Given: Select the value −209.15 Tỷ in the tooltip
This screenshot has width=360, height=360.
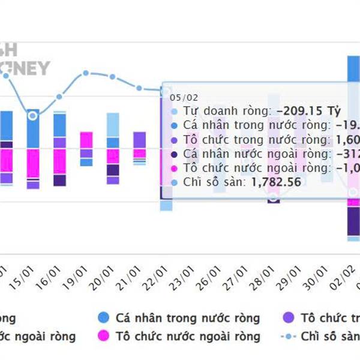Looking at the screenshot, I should click(308, 111).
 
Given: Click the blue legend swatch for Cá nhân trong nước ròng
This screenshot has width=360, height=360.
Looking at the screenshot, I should click(104, 319).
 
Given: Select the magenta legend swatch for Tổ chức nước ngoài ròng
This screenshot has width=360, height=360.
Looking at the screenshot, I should click(104, 337).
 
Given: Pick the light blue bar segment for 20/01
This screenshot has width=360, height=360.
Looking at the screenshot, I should click(113, 125).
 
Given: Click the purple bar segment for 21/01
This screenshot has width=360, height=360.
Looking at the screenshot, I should click(139, 140).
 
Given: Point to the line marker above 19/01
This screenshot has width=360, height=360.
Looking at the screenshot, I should click(86, 73).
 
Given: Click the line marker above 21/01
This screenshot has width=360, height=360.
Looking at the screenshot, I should click(139, 88).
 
